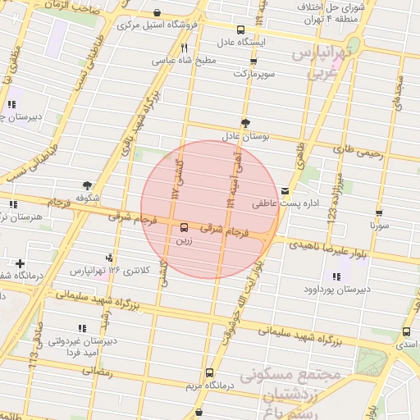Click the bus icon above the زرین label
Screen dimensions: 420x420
click(183, 229)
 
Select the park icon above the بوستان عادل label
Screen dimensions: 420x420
click(245, 121)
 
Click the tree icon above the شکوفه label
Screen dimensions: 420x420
click(88, 185)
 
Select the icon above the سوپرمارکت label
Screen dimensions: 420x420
click(253, 62)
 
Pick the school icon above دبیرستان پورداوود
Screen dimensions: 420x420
click(336, 276)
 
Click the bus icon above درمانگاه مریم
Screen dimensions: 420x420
click(209, 372)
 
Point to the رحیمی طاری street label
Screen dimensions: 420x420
click(354, 149)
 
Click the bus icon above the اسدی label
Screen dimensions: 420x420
click(406, 332)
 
